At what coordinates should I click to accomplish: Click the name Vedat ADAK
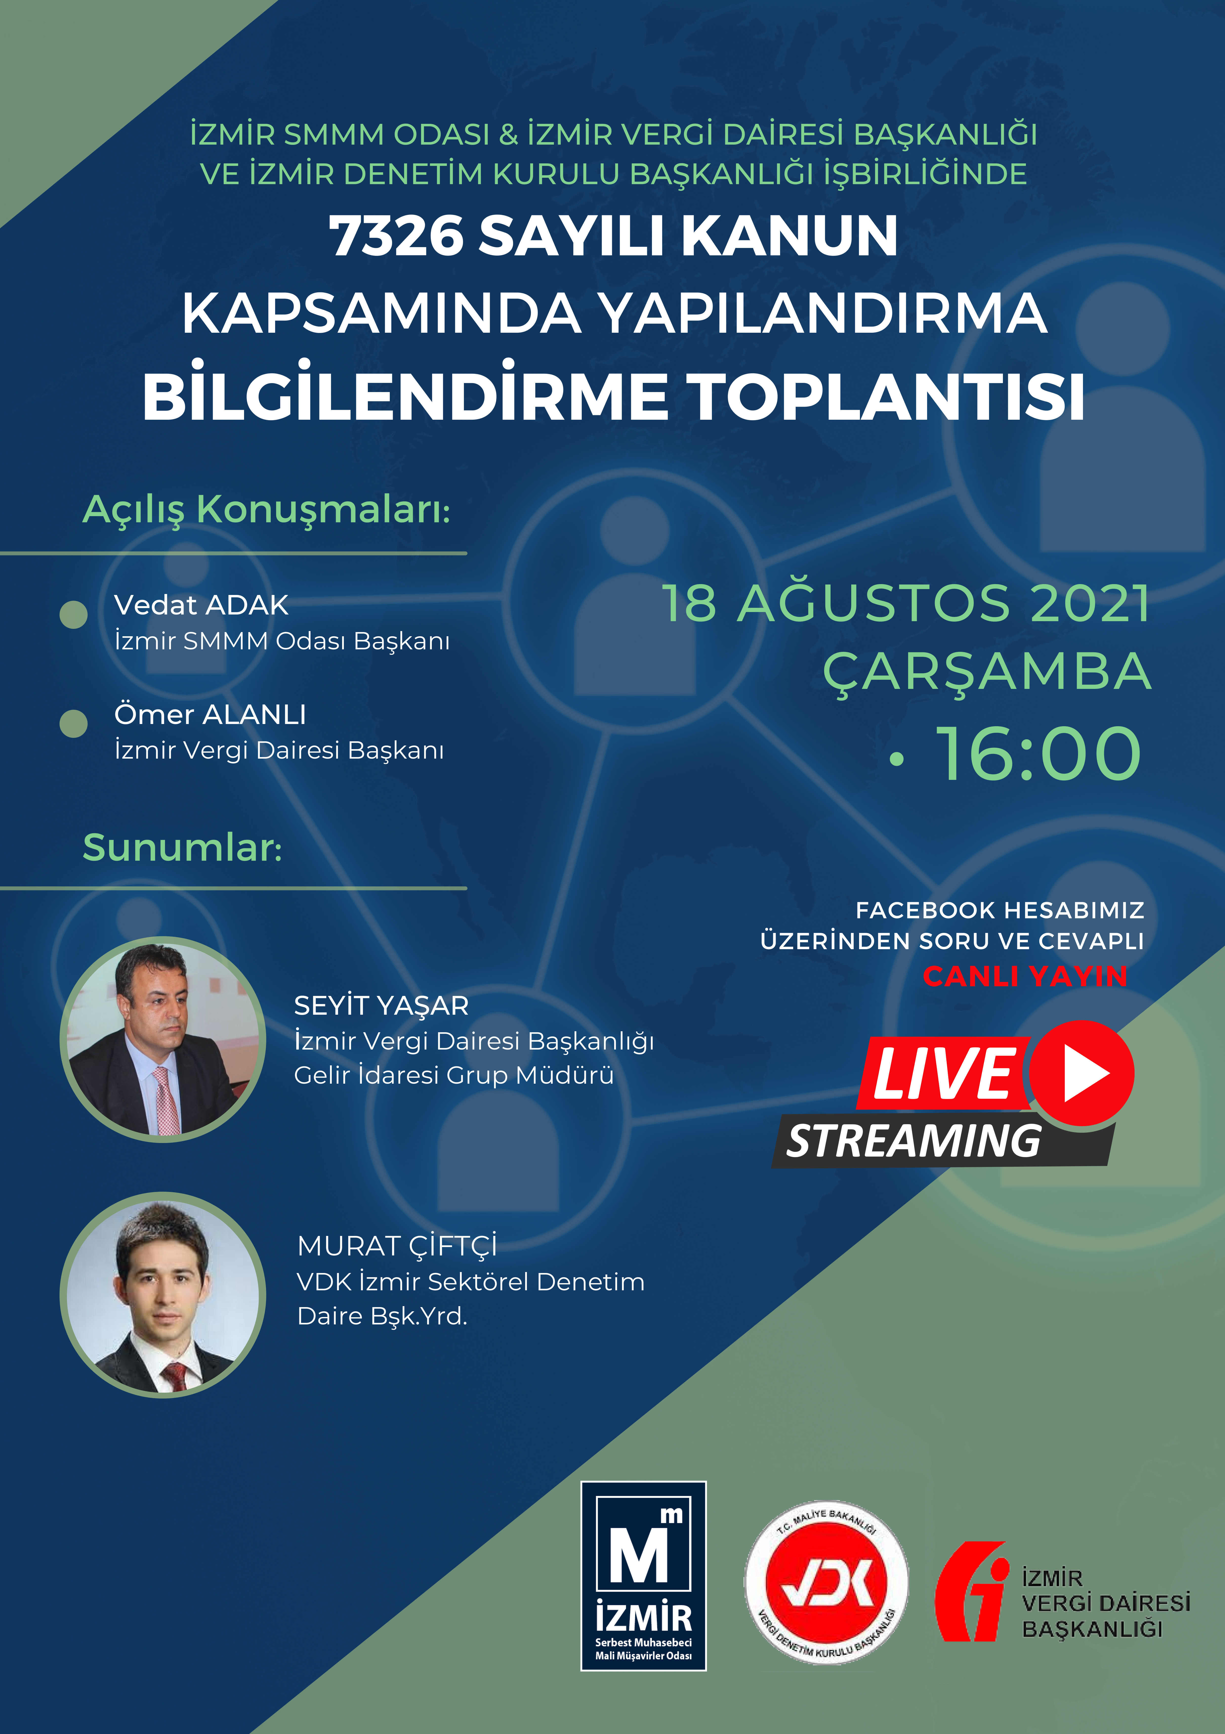201,605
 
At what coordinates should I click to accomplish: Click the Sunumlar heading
182,847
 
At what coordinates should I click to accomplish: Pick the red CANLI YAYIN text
1025,976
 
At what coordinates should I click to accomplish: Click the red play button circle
1081,1073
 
